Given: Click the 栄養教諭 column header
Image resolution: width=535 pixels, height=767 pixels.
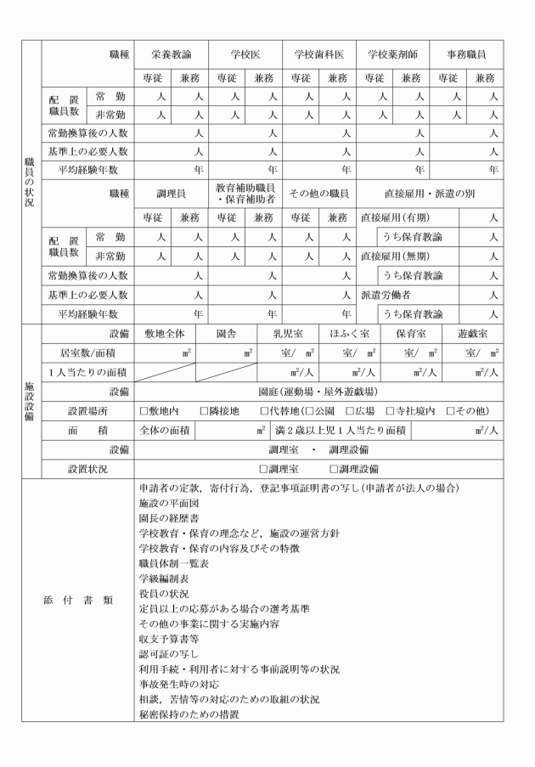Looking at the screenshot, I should [x=172, y=54].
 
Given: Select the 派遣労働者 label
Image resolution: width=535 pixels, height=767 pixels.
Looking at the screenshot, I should [x=387, y=295].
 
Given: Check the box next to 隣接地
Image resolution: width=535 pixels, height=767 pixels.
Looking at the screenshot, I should [x=204, y=411].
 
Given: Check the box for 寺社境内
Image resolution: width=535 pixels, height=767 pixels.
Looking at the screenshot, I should [x=391, y=411].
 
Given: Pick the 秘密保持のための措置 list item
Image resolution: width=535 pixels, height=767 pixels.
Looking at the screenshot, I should [x=189, y=713].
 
